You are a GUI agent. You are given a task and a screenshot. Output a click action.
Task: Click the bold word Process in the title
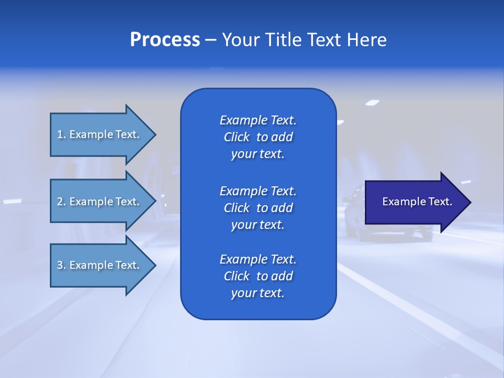tap(165, 40)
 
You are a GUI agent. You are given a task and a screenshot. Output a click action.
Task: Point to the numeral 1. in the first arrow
tap(61, 134)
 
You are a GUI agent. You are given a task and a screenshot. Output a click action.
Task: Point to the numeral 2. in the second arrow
tap(61, 202)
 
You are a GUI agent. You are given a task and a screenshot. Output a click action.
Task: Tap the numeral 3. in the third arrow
tap(61, 265)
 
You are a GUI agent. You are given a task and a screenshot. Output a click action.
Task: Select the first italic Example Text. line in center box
tap(258, 120)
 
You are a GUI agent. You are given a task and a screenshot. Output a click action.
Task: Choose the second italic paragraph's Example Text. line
tap(258, 191)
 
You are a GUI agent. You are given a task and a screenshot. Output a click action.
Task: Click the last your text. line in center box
tap(258, 293)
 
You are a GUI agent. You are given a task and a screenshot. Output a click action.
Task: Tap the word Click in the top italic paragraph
tap(236, 137)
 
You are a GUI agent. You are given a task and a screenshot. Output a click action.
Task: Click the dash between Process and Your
tap(211, 40)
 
